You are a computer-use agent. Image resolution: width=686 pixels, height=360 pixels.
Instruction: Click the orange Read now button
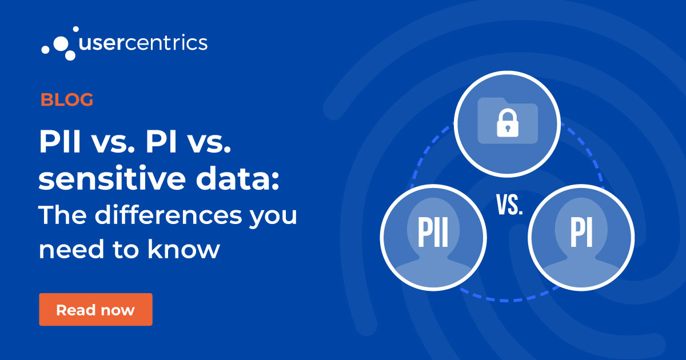(x=95, y=310)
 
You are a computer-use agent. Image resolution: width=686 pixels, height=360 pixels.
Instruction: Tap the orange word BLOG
(x=67, y=100)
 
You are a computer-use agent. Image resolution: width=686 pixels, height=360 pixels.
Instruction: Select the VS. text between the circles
(x=509, y=205)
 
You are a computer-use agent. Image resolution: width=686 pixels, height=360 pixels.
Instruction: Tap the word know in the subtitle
(x=192, y=250)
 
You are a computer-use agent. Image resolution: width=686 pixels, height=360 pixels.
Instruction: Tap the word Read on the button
(x=74, y=310)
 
